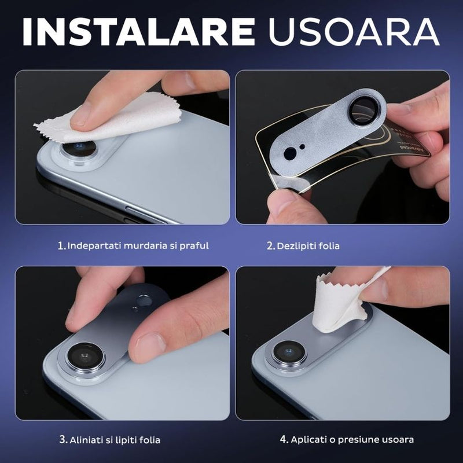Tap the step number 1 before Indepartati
(x=61, y=245)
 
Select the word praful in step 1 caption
(x=193, y=245)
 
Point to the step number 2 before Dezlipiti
(x=270, y=246)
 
